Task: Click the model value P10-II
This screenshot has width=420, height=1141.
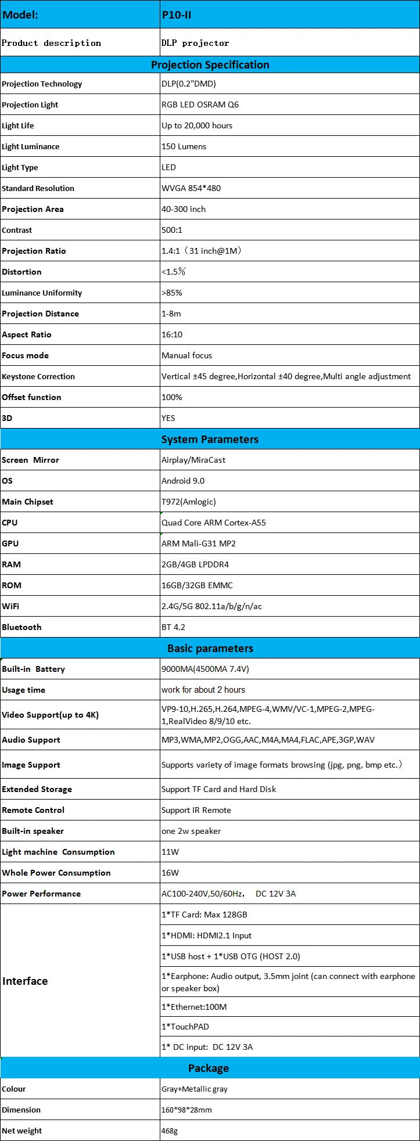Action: click(176, 15)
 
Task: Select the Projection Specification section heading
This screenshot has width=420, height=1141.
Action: click(210, 64)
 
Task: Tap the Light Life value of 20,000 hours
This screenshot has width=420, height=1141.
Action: click(197, 125)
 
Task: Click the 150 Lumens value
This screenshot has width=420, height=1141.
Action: click(184, 146)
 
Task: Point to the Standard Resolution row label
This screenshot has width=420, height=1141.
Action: click(38, 188)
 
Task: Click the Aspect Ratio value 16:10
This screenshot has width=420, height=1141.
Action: click(171, 334)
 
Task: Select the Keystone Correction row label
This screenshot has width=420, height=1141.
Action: click(38, 376)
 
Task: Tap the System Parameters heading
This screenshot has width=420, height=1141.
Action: click(210, 439)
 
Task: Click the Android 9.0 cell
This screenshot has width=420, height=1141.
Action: click(183, 481)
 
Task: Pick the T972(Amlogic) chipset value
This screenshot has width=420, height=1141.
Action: click(188, 502)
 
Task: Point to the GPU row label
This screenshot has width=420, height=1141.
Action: click(10, 543)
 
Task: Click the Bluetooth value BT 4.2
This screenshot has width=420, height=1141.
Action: click(173, 627)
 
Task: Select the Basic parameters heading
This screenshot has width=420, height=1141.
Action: click(210, 648)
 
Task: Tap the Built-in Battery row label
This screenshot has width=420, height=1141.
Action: click(33, 669)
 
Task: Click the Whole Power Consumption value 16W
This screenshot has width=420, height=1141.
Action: click(170, 873)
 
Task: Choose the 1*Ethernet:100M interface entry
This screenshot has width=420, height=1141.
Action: click(194, 1007)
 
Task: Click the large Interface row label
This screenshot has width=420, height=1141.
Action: click(25, 981)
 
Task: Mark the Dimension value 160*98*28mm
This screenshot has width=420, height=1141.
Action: click(186, 1110)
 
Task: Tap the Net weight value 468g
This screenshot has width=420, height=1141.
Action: click(170, 1131)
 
